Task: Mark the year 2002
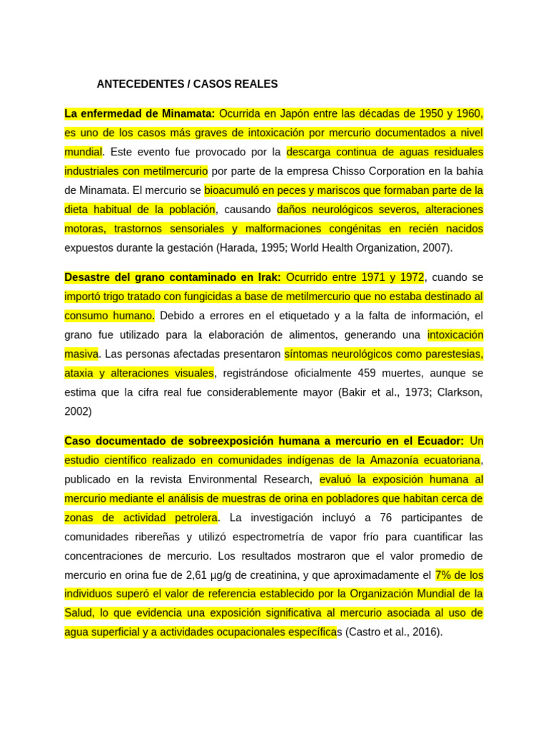tap(77, 411)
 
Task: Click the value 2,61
tap(198, 575)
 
